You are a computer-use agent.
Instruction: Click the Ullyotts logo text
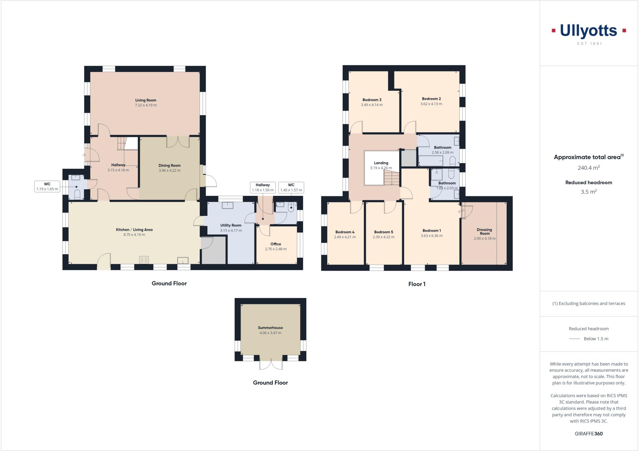pos(588,31)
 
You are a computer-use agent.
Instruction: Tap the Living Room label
pos(146,100)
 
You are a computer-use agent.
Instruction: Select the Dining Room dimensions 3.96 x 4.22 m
pos(169,171)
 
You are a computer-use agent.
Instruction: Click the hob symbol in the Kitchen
pos(144,260)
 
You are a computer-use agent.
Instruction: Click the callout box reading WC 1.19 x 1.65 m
pos(47,187)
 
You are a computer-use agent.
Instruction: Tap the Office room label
pos(276,244)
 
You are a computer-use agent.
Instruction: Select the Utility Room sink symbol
pos(227,206)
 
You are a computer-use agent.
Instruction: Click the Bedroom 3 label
pos(372,100)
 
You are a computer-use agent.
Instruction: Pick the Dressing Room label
pos(484,231)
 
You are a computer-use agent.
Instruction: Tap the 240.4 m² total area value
pos(588,168)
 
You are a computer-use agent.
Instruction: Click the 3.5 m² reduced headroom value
pos(588,192)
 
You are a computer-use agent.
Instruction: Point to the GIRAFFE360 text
pos(588,434)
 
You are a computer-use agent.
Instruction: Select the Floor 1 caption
pos(417,284)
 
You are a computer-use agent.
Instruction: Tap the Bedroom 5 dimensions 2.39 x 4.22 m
pos(383,237)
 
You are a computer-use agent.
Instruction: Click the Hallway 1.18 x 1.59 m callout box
pos(263,187)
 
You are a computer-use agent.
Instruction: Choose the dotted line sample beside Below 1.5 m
pos(575,339)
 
